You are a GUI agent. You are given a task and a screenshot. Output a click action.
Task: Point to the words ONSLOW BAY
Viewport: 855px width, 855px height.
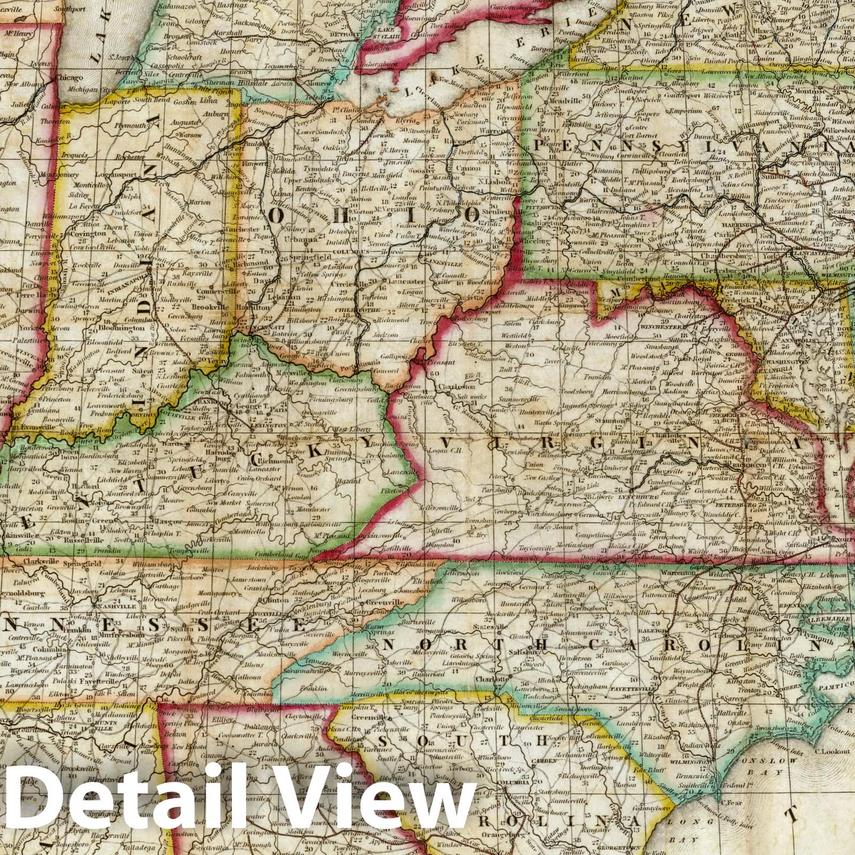coord(765,766)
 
